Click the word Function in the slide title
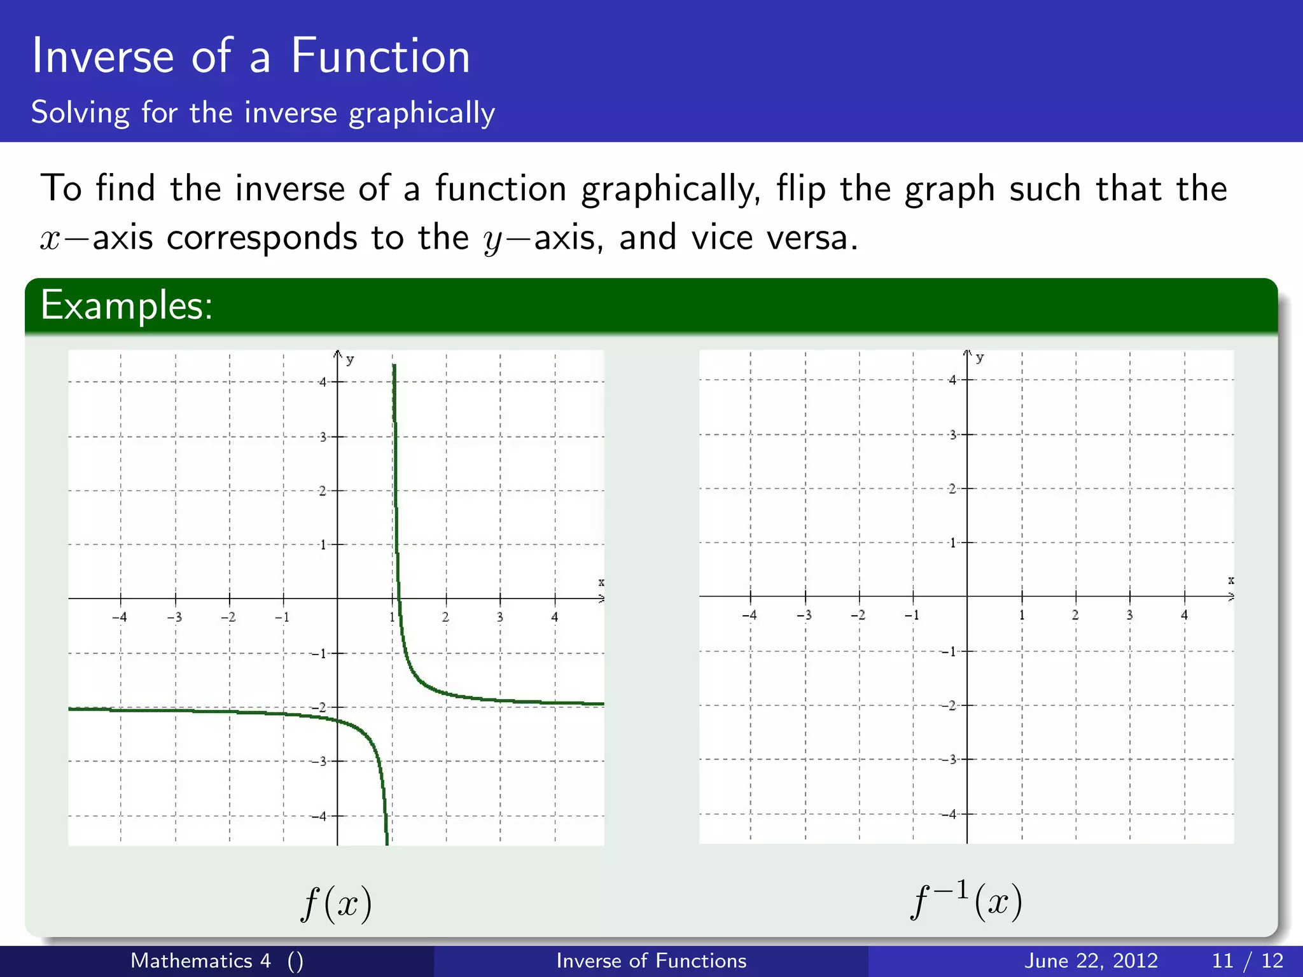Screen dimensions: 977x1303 (x=380, y=57)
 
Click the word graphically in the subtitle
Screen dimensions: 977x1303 (x=422, y=113)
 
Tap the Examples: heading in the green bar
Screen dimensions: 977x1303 (x=126, y=305)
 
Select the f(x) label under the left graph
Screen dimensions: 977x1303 (x=337, y=903)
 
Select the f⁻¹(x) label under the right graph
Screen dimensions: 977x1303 (x=966, y=901)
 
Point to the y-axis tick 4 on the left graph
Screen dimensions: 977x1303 (x=323, y=382)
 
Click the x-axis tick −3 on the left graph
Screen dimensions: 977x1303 (x=174, y=617)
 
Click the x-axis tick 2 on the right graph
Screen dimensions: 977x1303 (x=1075, y=615)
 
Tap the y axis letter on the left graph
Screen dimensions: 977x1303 (x=350, y=360)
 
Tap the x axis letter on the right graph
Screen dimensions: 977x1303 (x=1230, y=580)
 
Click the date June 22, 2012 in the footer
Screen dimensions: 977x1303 (x=1090, y=960)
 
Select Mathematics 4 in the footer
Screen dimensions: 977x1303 (x=200, y=960)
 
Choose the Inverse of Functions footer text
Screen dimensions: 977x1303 (x=651, y=960)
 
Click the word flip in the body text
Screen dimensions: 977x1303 (x=800, y=189)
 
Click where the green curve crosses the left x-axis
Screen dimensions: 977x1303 (x=399, y=599)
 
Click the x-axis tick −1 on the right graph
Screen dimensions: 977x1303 (x=912, y=615)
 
